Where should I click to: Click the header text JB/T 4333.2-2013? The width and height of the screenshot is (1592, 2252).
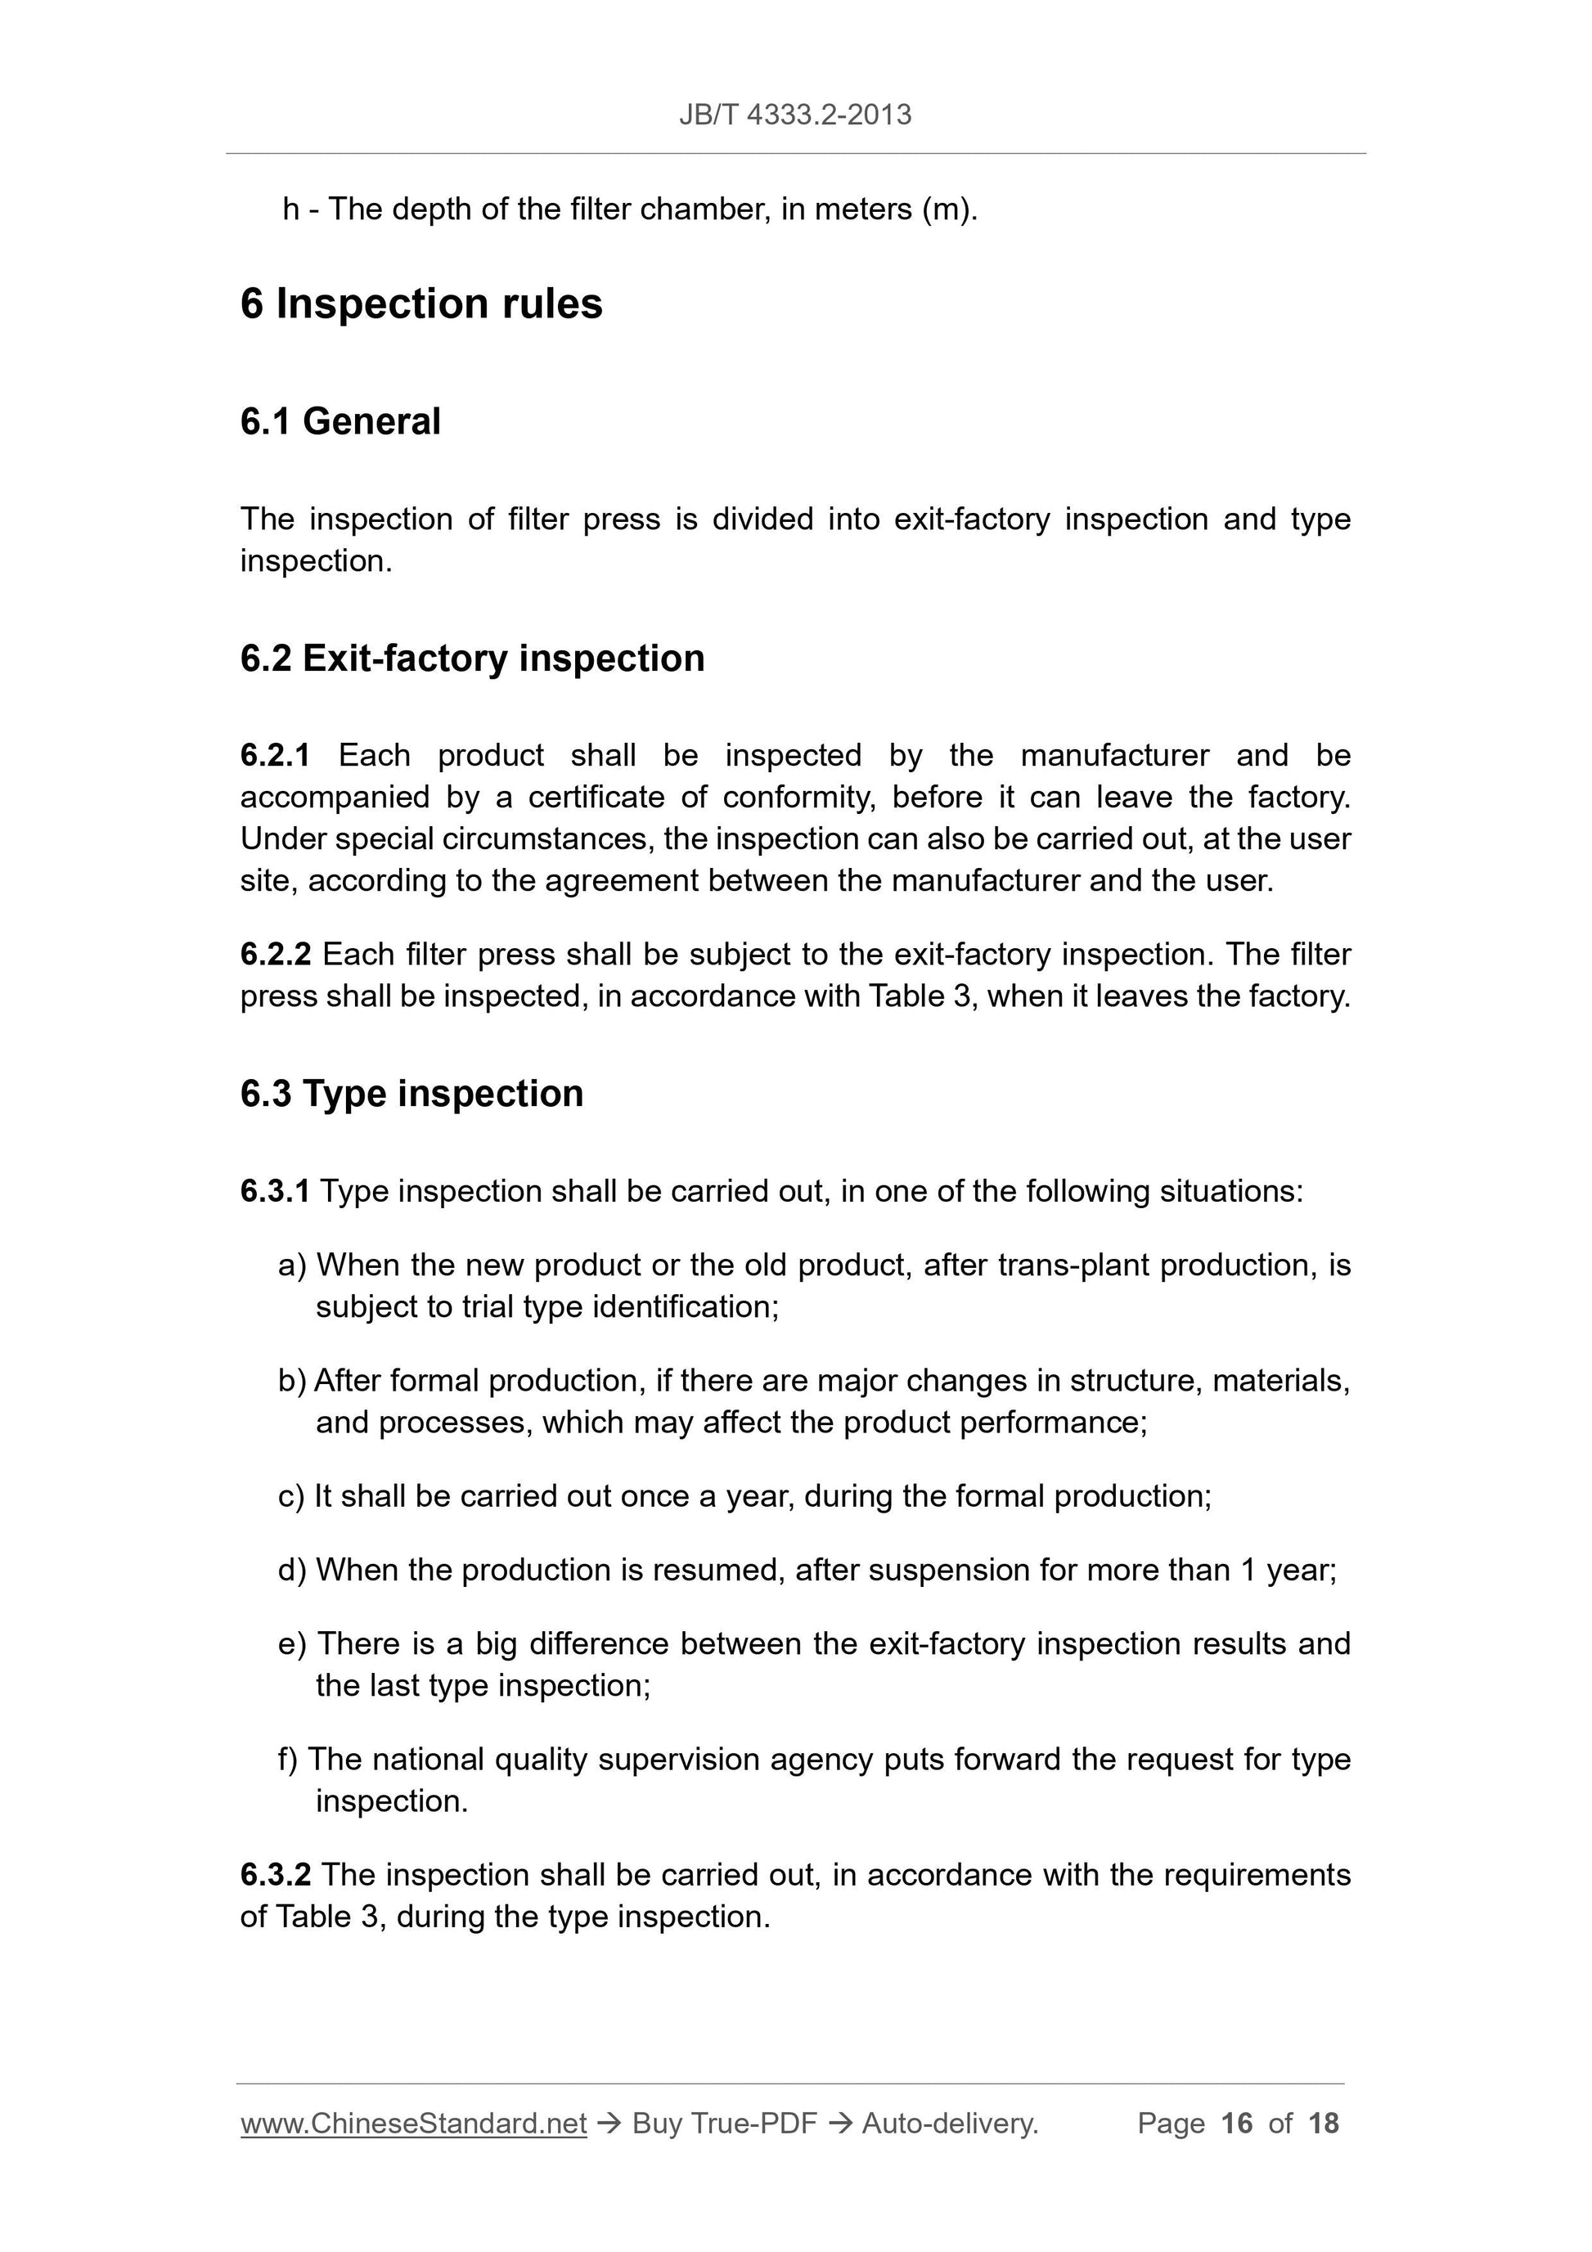[x=794, y=115]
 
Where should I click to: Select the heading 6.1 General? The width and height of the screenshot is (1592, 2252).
[x=340, y=422]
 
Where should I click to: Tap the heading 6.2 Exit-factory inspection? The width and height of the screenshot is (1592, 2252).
[x=472, y=659]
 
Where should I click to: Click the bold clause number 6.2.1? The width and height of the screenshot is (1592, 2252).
[x=275, y=755]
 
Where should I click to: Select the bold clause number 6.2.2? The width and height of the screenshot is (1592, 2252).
[x=275, y=955]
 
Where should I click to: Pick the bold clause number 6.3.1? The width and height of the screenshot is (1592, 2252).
[x=275, y=1192]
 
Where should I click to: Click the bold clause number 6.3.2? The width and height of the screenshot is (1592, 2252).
[x=275, y=1876]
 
